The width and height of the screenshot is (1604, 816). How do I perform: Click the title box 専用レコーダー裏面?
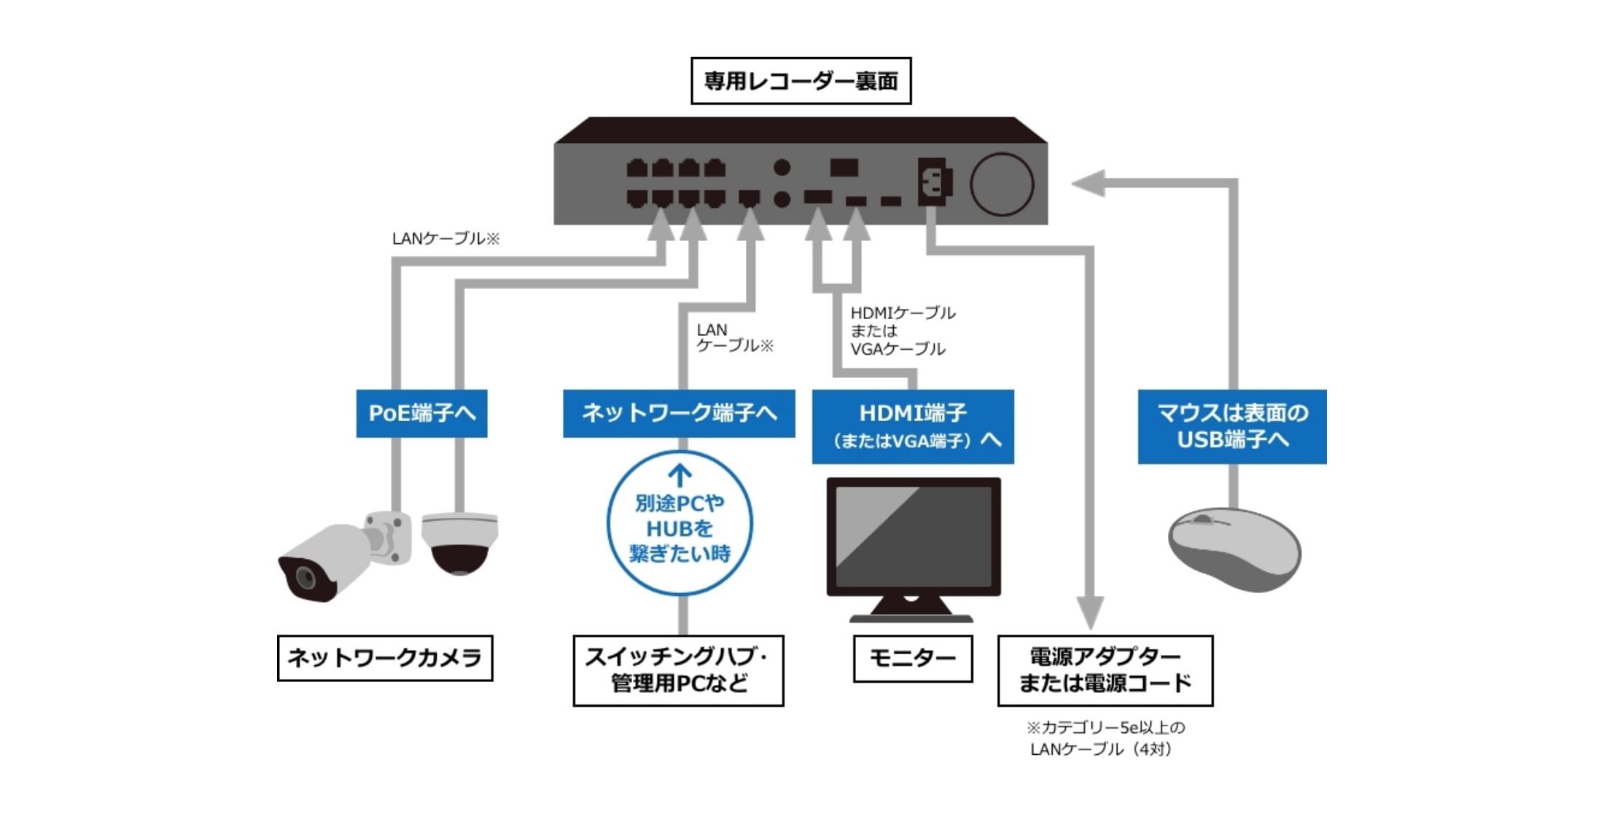pyautogui.click(x=801, y=81)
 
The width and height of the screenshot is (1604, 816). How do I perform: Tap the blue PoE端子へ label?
pyautogui.click(x=421, y=413)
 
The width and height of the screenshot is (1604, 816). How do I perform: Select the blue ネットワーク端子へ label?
pyautogui.click(x=679, y=413)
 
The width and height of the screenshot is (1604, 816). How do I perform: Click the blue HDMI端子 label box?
pyautogui.click(x=913, y=426)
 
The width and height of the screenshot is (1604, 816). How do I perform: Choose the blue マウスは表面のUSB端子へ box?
pyautogui.click(x=1232, y=426)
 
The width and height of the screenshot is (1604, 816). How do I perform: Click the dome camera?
pyautogui.click(x=459, y=542)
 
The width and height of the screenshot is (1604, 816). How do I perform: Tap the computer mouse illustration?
pyautogui.click(x=1234, y=549)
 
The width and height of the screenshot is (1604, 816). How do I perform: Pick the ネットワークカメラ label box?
pyautogui.click(x=385, y=658)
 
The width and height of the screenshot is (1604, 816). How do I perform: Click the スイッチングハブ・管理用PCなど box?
pyautogui.click(x=678, y=670)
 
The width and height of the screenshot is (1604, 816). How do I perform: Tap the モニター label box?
pyautogui.click(x=913, y=659)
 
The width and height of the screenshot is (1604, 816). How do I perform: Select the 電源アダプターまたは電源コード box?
pyautogui.click(x=1105, y=670)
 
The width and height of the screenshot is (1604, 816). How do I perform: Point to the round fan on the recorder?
pyautogui.click(x=1002, y=184)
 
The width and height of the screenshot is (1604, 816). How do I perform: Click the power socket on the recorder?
pyautogui.click(x=933, y=182)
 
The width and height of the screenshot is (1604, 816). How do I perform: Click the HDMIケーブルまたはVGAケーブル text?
pyautogui.click(x=902, y=331)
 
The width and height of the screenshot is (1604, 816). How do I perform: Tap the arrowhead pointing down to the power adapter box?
pyautogui.click(x=1090, y=612)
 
